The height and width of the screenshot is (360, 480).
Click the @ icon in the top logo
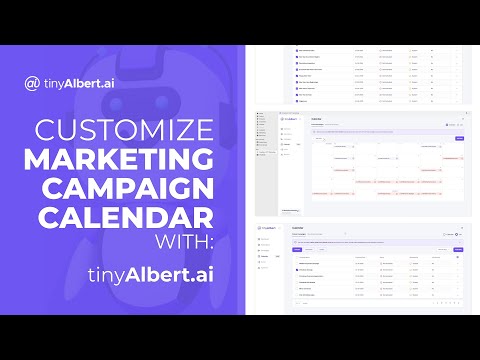pyautogui.click(x=33, y=83)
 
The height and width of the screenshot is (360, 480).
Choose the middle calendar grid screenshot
pyautogui.click(x=362, y=163)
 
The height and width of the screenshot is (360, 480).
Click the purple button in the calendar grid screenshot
pyautogui.click(x=459, y=138)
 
